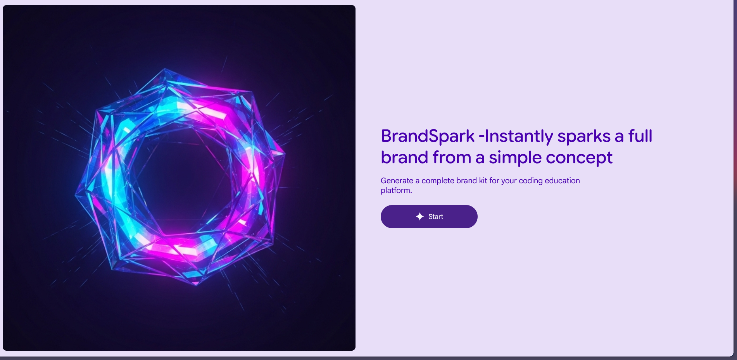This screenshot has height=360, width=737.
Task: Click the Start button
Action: (x=429, y=217)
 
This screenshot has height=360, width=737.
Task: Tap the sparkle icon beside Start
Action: (x=419, y=217)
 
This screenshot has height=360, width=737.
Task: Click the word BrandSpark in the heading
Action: (x=428, y=136)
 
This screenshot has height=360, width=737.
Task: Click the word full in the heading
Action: (x=640, y=136)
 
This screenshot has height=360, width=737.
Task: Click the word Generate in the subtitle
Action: (x=397, y=181)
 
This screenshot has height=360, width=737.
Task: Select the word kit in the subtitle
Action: (x=483, y=181)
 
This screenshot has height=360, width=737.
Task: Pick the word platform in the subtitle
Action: (x=395, y=190)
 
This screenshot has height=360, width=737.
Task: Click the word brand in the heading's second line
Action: (x=404, y=157)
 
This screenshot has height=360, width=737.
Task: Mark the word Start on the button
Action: (x=436, y=217)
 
